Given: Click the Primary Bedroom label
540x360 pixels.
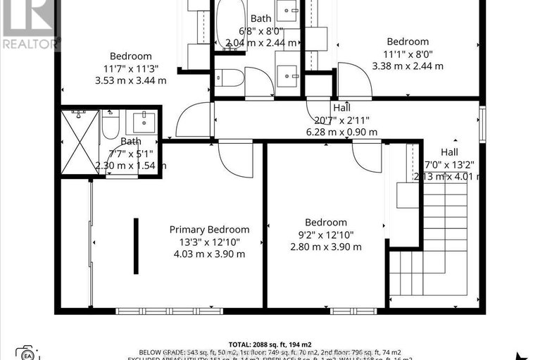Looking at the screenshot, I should click(x=209, y=229).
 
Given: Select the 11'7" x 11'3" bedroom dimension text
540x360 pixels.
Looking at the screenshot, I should click(x=130, y=68).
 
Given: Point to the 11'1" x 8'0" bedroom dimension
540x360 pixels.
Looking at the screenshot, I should click(x=408, y=54).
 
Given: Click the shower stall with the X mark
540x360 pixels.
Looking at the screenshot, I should click(x=78, y=141).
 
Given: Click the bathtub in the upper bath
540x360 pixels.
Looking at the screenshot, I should click(x=230, y=25).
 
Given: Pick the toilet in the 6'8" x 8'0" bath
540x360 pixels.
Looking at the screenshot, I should click(x=228, y=78).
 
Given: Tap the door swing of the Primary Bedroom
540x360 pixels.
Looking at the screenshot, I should click(x=236, y=159).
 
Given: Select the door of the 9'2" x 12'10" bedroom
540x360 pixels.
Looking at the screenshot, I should click(x=367, y=155).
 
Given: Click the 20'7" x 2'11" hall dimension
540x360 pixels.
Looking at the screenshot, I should click(x=342, y=120).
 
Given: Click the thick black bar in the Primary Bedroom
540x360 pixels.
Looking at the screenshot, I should click(x=136, y=246).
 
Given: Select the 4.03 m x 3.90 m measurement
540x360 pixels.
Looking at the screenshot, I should click(x=209, y=254).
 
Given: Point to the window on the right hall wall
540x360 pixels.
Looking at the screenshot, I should click(x=482, y=124).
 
